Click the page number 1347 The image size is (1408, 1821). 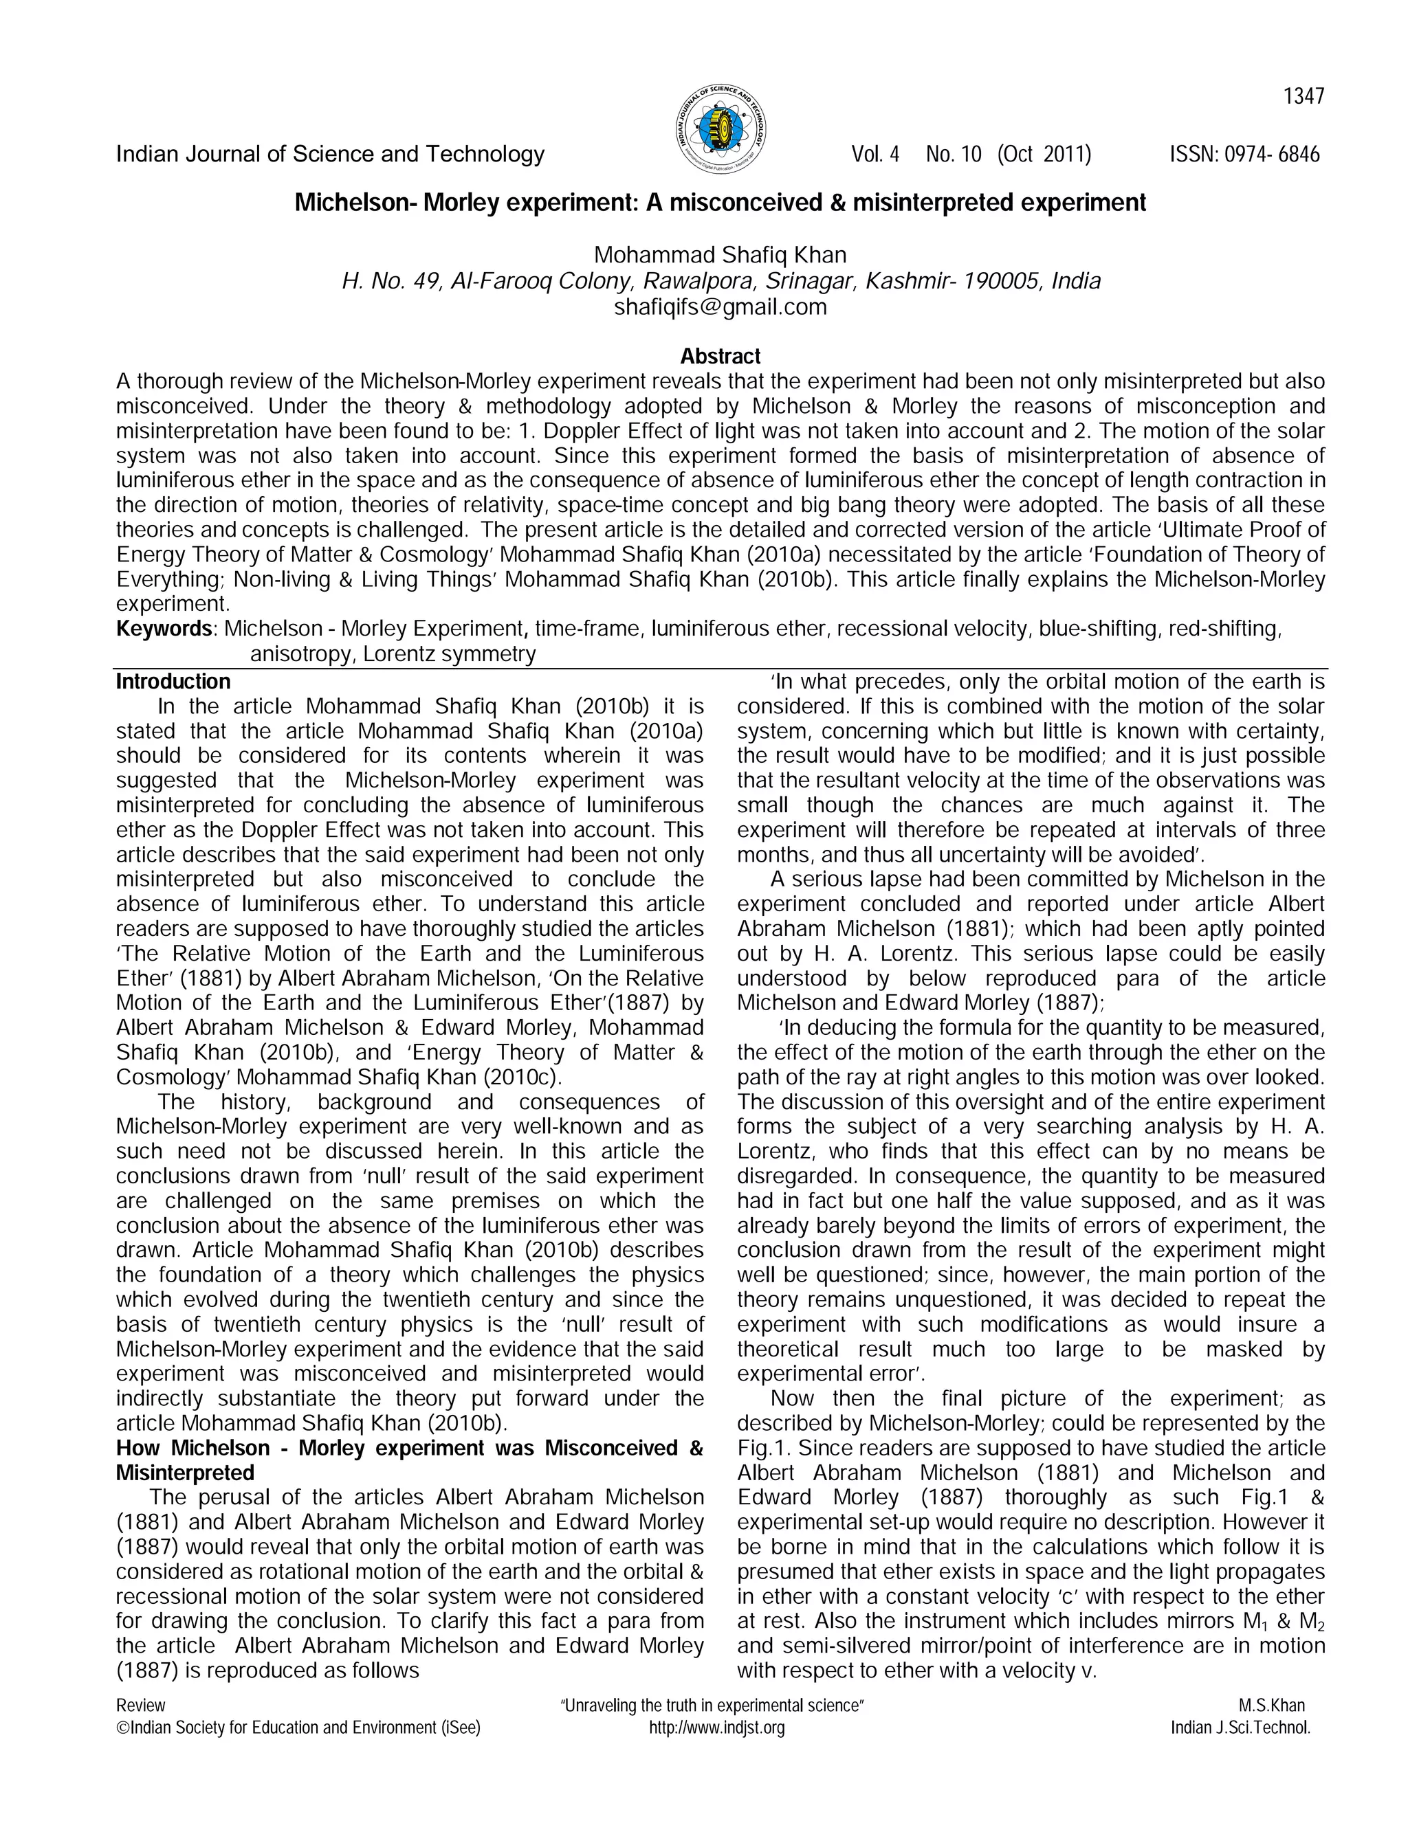(1303, 97)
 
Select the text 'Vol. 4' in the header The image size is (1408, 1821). (875, 154)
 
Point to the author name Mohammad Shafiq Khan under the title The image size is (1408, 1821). (720, 255)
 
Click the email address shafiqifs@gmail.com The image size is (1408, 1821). (720, 307)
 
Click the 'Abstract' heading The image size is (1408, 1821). (720, 356)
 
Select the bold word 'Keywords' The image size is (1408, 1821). (164, 629)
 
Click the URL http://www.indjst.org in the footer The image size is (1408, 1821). (716, 1728)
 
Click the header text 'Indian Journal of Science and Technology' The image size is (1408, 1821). (329, 154)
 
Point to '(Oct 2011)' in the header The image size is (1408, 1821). (1044, 154)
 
